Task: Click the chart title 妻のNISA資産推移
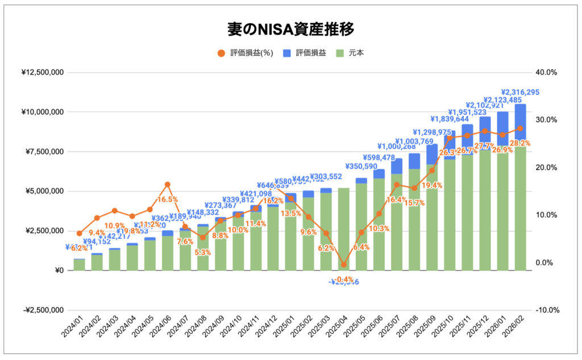[290, 28]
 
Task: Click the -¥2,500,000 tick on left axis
[43, 310]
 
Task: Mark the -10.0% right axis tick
[547, 310]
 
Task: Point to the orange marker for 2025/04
[343, 264]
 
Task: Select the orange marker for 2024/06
[167, 184]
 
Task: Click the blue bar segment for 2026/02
[520, 125]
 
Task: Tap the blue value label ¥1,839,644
[449, 119]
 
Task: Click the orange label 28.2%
[519, 143]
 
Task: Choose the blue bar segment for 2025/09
[432, 154]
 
